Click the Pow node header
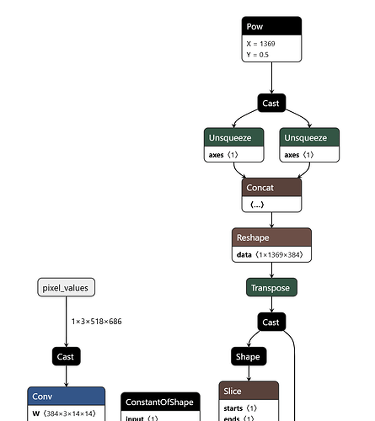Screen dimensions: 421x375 271,26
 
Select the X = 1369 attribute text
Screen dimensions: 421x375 262,43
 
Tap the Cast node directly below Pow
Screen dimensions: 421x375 271,103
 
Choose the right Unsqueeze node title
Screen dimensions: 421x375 311,137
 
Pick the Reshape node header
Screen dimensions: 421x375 271,237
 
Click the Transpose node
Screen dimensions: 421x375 271,288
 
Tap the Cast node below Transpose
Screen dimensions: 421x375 271,322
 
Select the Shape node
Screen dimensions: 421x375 248,357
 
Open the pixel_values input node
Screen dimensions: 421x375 66,288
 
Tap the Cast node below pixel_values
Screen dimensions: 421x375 66,357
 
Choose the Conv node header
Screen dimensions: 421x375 66,396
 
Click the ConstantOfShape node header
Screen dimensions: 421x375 161,401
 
